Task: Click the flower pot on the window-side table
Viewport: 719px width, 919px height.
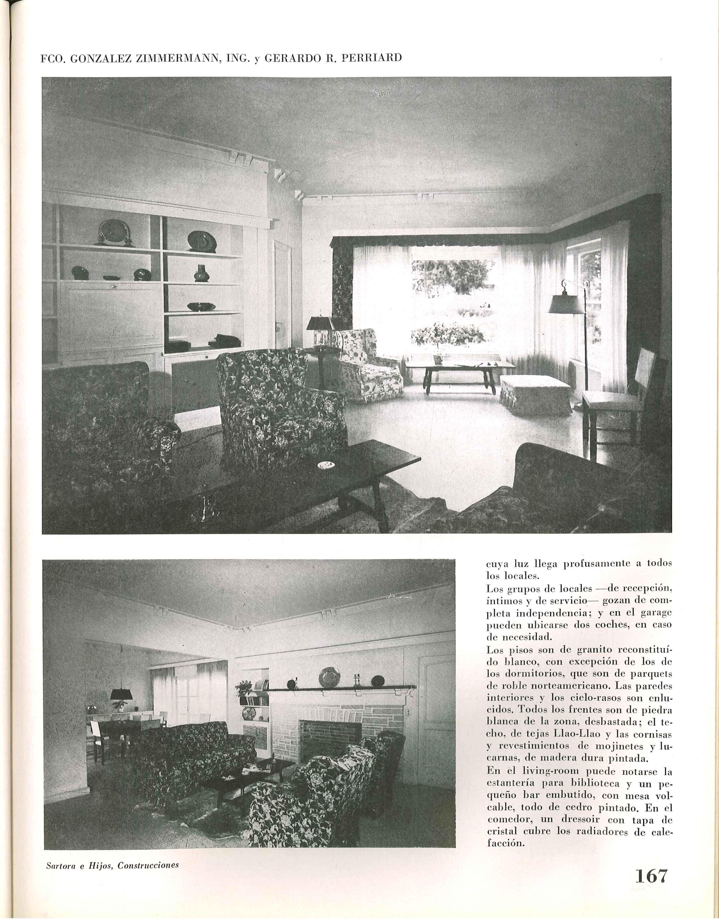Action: (x=439, y=359)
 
